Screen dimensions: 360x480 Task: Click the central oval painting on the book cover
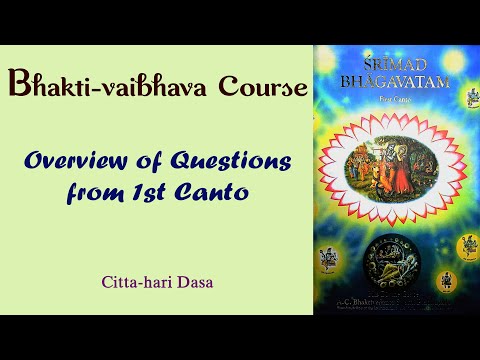coord(391,150)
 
